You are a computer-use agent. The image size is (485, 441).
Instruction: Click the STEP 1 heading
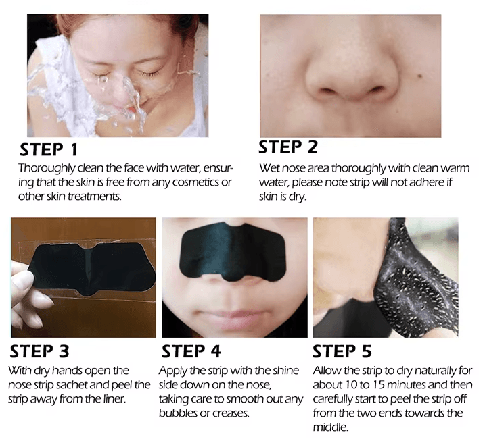pos(49,150)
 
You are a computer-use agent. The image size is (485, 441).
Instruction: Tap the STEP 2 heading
pos(288,147)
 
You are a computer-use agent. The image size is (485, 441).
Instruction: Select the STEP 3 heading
pos(39,351)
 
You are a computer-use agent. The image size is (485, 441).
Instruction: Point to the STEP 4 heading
pos(191,351)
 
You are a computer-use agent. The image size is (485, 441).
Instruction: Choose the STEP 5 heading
pos(342,351)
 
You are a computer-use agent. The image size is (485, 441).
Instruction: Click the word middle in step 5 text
pos(331,427)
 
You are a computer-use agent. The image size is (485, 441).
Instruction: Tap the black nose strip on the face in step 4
pos(233,252)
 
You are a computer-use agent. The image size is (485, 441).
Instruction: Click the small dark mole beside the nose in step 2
pos(419,76)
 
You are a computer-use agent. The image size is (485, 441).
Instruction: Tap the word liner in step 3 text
pos(114,399)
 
